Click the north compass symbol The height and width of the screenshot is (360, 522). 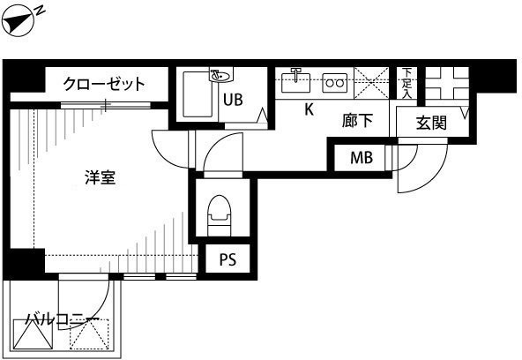pos(19,22)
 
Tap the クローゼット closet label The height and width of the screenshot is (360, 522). pos(104,84)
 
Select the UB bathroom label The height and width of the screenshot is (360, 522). pos(233,100)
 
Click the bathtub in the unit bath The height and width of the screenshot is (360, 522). pos(198,94)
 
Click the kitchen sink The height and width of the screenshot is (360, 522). pos(295,82)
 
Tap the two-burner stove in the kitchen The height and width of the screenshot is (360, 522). pos(334,83)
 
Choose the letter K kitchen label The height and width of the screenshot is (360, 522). pos(309,109)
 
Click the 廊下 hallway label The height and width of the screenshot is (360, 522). pos(357,121)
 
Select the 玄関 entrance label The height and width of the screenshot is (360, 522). pos(431,124)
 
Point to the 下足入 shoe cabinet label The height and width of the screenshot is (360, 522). pos(406,83)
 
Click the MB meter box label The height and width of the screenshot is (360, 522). pos(362,158)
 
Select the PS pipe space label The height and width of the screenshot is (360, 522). pos(228,259)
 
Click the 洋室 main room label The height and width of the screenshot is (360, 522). pos(101,177)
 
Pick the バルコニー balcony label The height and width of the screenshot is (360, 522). pos(63,319)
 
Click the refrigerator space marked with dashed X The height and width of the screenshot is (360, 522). pos(371,83)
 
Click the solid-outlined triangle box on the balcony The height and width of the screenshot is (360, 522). pos(33,334)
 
